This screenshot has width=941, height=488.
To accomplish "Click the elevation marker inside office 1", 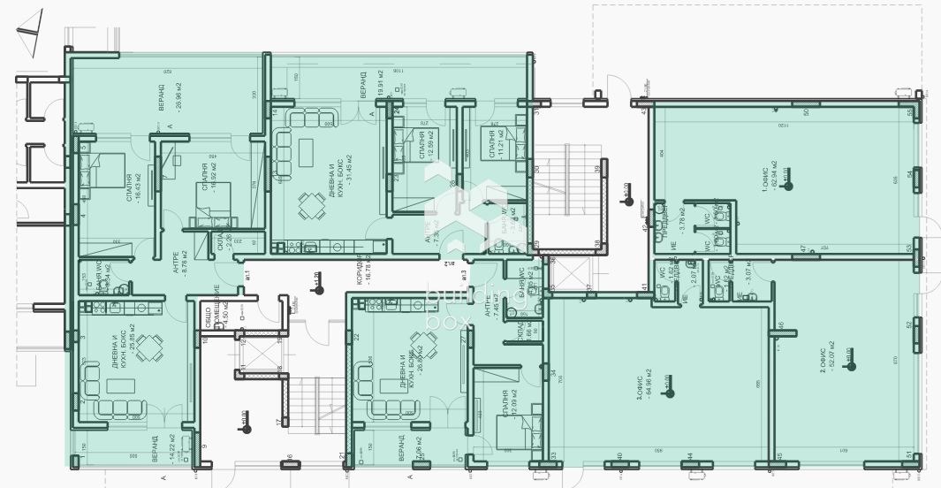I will point(789,185).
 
